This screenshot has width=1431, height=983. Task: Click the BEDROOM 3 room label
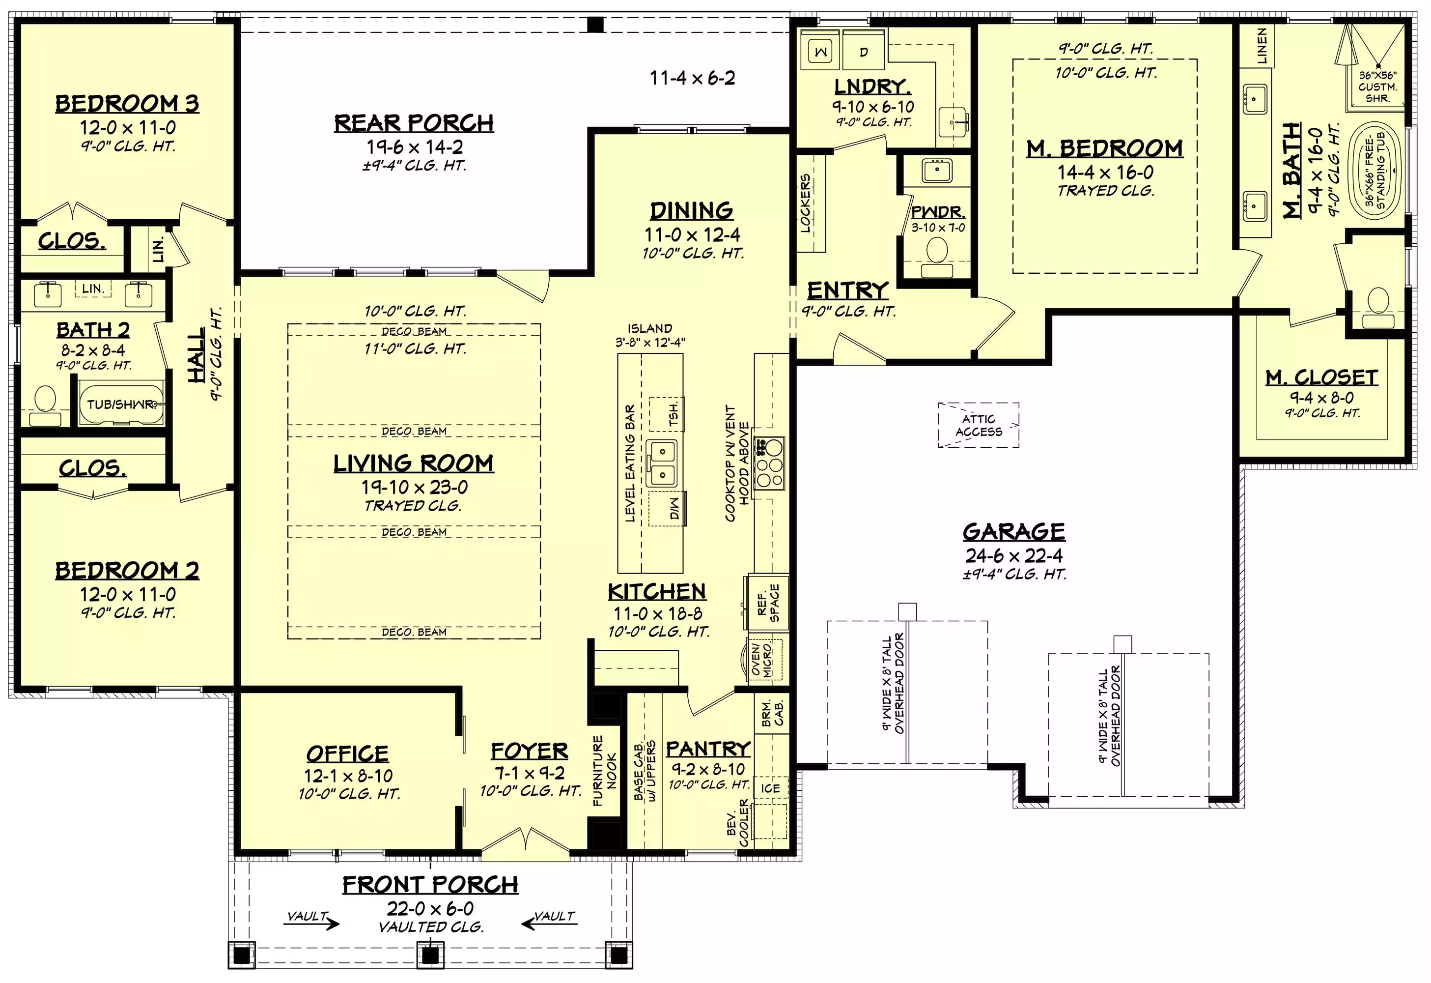click(x=127, y=104)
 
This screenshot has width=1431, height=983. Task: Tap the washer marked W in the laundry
click(x=821, y=51)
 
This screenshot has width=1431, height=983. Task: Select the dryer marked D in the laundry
click(x=864, y=51)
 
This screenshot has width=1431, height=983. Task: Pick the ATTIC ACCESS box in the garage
click(x=979, y=425)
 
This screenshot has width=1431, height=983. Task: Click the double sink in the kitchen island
click(x=662, y=463)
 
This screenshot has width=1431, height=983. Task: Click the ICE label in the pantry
click(x=770, y=788)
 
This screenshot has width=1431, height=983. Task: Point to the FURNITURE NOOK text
click(x=605, y=771)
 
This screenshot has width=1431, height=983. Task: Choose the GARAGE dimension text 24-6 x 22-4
click(x=1013, y=555)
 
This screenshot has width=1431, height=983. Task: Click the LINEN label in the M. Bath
click(x=1262, y=46)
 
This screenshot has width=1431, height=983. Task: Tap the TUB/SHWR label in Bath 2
click(x=121, y=405)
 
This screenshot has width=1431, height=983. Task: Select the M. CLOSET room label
click(x=1321, y=377)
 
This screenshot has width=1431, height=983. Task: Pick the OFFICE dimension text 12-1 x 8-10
click(x=348, y=776)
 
